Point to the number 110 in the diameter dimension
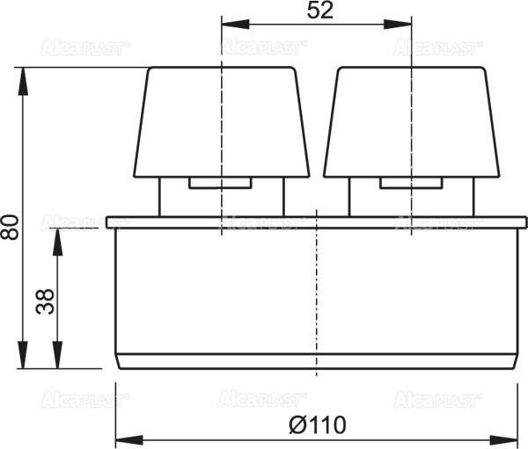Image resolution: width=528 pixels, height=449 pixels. [327, 424]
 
